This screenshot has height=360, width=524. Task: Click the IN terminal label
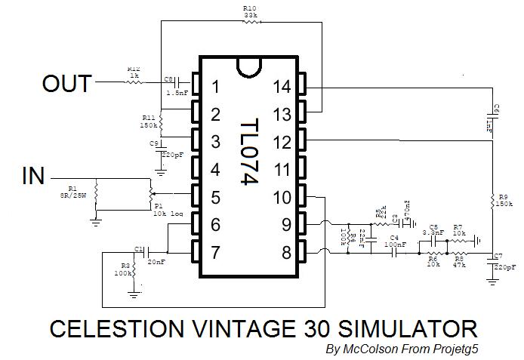click(33, 177)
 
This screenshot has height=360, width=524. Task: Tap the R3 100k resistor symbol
click(134, 270)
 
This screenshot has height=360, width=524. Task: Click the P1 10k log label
click(168, 210)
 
